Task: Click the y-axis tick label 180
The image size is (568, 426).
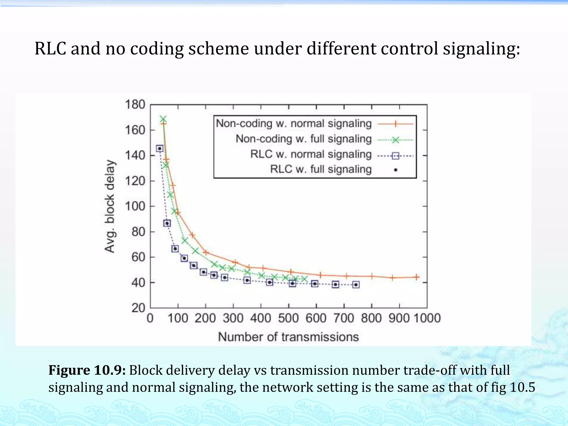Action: click(135, 105)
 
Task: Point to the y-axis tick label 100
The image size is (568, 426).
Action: click(135, 206)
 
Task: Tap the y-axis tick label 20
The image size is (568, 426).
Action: click(138, 308)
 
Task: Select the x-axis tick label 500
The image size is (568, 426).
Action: click(288, 318)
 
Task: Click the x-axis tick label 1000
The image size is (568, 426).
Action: click(427, 318)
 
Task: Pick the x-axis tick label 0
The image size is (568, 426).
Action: click(150, 318)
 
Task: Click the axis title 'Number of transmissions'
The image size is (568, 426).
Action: click(288, 337)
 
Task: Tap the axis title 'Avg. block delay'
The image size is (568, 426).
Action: click(110, 206)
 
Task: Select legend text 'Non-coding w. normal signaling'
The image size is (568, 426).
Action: click(294, 123)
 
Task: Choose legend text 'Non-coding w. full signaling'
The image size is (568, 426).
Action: click(303, 139)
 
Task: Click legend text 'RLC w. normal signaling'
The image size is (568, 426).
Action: click(311, 154)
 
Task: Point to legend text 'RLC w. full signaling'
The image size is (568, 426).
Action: click(321, 169)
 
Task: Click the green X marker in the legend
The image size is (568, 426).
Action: click(396, 140)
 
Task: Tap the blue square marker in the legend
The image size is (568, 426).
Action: click(396, 156)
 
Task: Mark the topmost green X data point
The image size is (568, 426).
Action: click(163, 120)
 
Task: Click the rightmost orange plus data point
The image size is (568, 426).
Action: click(417, 277)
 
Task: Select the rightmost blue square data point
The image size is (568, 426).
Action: click(356, 285)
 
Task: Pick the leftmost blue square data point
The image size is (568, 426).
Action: click(159, 149)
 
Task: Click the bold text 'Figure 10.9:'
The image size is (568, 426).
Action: click(87, 370)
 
